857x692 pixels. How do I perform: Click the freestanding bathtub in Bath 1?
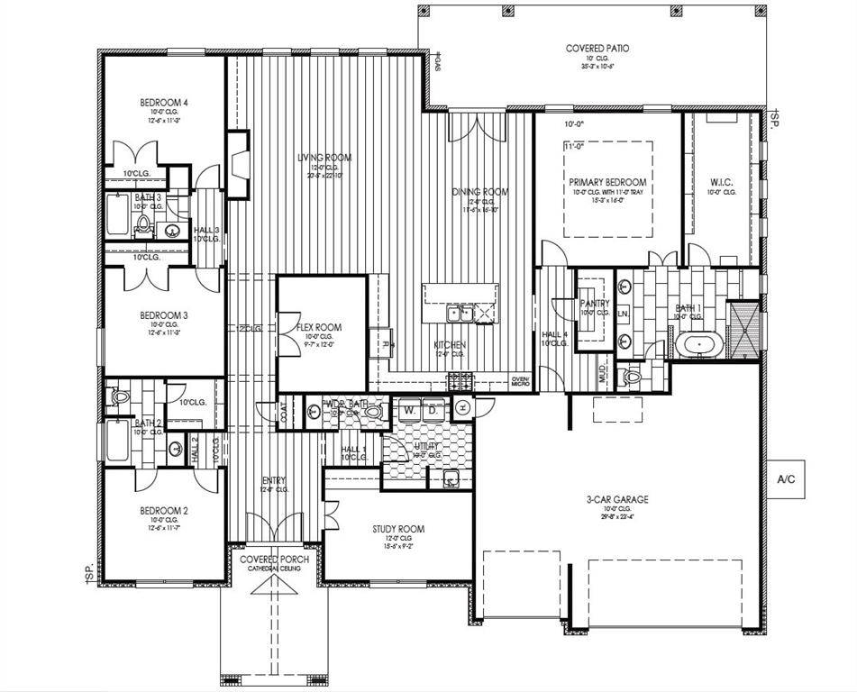696,344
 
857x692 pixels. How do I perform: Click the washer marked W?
409,410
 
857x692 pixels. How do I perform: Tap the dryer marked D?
432,410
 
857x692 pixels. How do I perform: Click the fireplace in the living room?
238,164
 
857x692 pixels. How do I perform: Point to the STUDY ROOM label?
398,529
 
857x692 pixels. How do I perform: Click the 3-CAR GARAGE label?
617,499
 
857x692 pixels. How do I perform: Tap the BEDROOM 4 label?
163,103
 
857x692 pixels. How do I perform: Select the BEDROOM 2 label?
163,511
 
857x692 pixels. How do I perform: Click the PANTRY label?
595,304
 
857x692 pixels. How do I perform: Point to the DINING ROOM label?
479,192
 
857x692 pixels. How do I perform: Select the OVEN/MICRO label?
521,381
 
